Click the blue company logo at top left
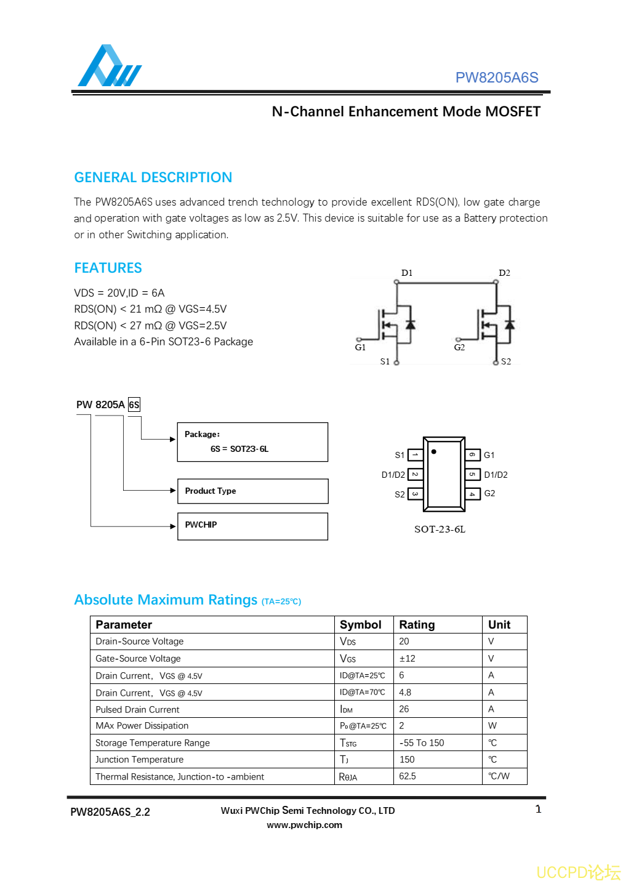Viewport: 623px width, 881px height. (109, 66)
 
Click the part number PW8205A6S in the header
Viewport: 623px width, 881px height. (496, 78)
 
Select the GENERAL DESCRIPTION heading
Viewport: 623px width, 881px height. (153, 177)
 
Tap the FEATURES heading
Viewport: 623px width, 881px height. (108, 268)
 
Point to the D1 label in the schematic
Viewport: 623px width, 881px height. (406, 273)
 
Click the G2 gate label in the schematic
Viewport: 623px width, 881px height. (459, 347)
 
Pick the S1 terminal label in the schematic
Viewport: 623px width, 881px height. (385, 361)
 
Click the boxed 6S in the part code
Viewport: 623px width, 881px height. (134, 404)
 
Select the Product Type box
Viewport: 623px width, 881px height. (252, 491)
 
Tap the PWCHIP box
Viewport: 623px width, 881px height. (252, 526)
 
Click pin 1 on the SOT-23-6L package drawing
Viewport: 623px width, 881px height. (416, 455)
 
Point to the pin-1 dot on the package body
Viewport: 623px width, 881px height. (434, 452)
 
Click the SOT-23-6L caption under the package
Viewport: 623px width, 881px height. (440, 529)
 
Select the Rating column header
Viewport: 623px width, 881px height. (417, 624)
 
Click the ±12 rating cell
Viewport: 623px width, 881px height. (407, 658)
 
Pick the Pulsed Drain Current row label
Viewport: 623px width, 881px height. (137, 709)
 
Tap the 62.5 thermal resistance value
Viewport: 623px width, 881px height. (407, 776)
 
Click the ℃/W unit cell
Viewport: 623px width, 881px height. (499, 776)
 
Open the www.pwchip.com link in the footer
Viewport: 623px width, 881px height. (304, 825)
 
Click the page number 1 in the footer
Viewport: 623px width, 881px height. (538, 809)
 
